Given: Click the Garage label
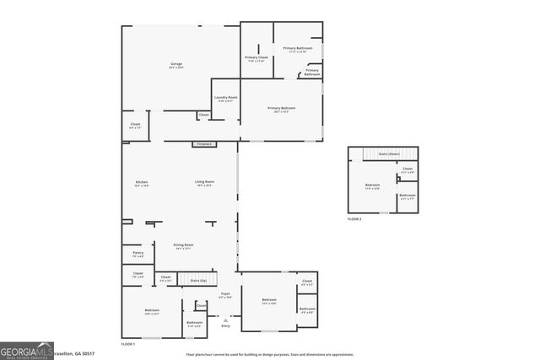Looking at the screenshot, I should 176,64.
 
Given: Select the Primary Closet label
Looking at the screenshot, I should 256,59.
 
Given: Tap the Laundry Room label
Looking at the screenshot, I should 225,99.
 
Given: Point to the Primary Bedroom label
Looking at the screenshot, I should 281,109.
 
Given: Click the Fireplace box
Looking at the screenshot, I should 204,144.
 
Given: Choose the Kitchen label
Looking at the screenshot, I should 142,183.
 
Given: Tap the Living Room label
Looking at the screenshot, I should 204,183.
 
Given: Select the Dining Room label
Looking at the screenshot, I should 184,246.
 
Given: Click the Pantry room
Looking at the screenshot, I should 138,253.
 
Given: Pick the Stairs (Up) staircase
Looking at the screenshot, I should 199,279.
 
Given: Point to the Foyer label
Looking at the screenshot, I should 225,296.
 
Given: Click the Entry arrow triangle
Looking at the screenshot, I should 225,320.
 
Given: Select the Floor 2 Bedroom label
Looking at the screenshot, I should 372,186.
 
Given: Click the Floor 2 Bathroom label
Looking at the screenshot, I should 407,197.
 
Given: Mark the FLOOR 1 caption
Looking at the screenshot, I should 127,344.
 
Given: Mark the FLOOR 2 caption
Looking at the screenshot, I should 354,218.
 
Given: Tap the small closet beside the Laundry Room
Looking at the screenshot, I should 203,115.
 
